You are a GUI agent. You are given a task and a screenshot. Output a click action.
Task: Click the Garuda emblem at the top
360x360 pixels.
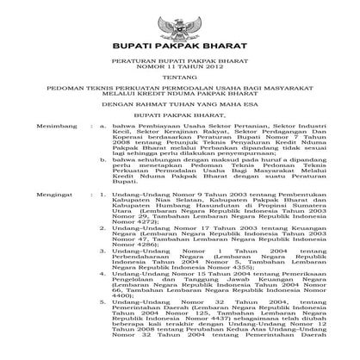180,20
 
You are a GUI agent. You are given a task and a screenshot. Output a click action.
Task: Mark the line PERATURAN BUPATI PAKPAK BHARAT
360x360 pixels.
180,64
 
